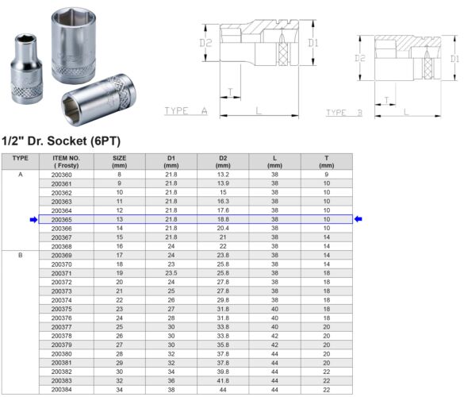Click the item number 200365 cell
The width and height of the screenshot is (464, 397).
click(x=61, y=219)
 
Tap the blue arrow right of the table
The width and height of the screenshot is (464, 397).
click(x=359, y=219)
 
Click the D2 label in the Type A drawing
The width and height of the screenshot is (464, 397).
click(x=205, y=43)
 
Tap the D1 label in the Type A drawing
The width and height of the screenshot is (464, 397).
click(x=313, y=43)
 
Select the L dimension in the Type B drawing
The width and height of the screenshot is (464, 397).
click(x=405, y=112)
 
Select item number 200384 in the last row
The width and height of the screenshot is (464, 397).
click(x=61, y=390)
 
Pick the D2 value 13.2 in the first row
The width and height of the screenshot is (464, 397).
click(x=223, y=175)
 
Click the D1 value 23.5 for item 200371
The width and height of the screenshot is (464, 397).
click(x=171, y=273)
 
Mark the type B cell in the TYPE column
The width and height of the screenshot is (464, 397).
click(x=19, y=256)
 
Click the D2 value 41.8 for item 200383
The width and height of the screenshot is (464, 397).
click(x=223, y=381)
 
